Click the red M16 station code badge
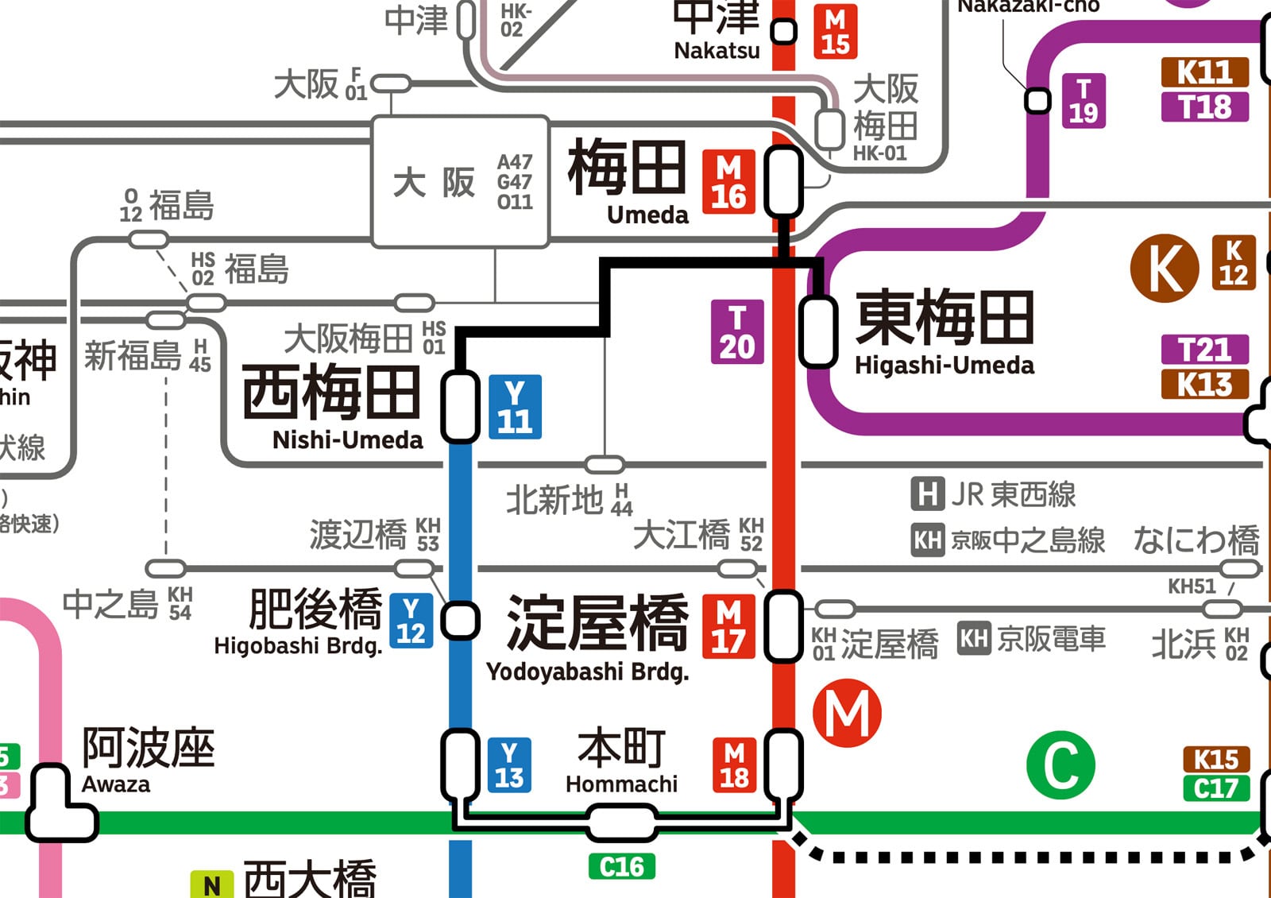[728, 182]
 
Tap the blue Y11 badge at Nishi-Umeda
[515, 407]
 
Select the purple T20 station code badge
[737, 331]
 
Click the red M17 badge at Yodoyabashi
[728, 627]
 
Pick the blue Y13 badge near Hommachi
[508, 765]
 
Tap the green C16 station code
[621, 866]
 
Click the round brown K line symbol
[1164, 269]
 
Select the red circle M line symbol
[847, 713]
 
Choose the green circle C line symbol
[1060, 764]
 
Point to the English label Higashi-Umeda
[944, 366]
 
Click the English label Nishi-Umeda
[347, 440]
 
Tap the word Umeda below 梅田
[647, 215]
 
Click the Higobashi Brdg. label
[298, 646]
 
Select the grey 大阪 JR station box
[460, 182]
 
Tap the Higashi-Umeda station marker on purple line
[817, 331]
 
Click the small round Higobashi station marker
[460, 621]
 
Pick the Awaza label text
[116, 784]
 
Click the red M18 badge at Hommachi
[734, 765]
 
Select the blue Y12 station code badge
[411, 621]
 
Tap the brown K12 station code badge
[1233, 262]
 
